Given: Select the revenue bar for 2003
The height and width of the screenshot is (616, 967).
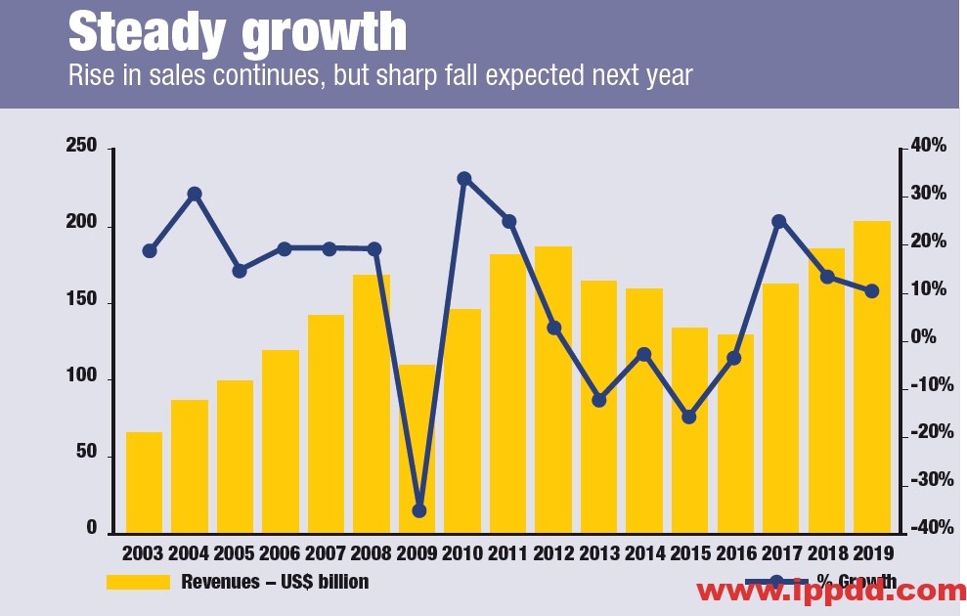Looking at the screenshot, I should (144, 482).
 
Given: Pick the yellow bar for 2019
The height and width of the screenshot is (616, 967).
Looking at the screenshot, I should (872, 376).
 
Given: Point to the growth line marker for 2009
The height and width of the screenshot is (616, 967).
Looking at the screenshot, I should (419, 510).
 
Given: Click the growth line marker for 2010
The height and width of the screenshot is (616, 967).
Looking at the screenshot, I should (464, 179).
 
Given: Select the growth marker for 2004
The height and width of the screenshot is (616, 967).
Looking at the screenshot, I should (195, 194).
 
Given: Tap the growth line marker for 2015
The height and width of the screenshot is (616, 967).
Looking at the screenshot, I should (688, 417).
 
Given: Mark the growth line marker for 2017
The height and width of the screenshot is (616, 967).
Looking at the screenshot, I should (779, 222).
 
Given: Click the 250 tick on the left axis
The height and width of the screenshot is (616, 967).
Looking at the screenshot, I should (81, 147).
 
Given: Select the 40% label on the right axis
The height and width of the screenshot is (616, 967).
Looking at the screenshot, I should (927, 146).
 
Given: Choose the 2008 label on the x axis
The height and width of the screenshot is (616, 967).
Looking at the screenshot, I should (372, 554).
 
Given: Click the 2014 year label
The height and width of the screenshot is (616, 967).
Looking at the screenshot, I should (644, 554).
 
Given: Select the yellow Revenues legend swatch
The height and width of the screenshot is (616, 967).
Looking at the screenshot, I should (138, 583).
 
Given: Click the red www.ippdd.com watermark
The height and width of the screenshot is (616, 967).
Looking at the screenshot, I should (831, 591).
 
